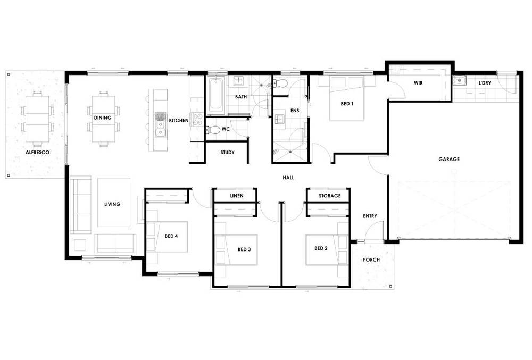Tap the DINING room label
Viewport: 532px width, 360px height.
pos(102,118)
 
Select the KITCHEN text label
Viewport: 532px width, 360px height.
pos(179,121)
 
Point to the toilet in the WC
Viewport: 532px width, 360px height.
pos(214,129)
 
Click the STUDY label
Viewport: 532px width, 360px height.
pos(227,153)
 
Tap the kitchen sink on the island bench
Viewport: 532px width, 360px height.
pos(160,123)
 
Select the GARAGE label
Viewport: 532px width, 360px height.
pos(449,159)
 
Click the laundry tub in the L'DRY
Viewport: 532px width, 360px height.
pos(460,81)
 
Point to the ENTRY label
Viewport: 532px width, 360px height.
pos(370,216)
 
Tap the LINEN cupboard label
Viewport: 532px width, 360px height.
pos(236,196)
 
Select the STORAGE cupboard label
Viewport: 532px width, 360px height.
pos(329,196)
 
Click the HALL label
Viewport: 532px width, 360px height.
pos(288,178)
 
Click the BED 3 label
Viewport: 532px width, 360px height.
pos(244,249)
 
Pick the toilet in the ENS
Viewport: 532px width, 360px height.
pos(282,83)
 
